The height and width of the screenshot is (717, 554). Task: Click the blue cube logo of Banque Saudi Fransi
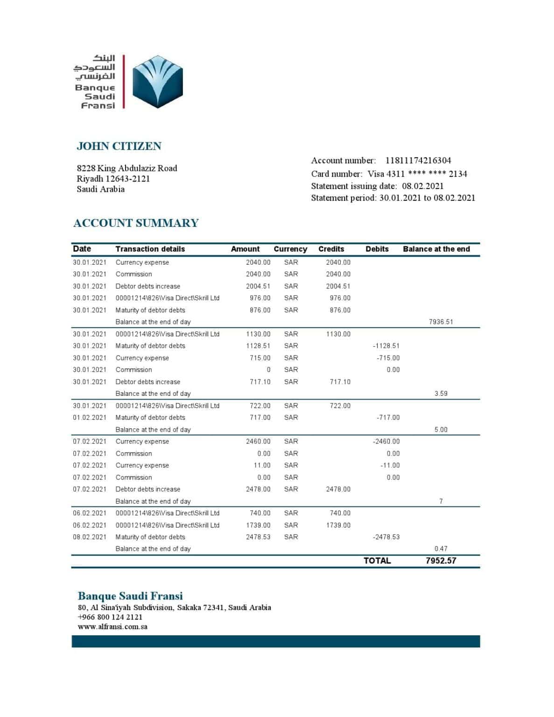coord(157,82)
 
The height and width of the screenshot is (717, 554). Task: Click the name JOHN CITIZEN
coord(119,146)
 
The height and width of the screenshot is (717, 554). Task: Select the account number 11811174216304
coord(418,161)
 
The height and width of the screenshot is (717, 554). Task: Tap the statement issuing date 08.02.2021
coord(423,186)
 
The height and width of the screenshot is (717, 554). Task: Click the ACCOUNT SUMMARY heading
coord(136,223)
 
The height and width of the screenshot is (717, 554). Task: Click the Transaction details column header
coord(150,249)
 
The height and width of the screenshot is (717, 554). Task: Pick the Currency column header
coord(290,249)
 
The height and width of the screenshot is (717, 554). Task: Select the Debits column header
coord(377,249)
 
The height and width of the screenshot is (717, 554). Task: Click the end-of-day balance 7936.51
coord(441,322)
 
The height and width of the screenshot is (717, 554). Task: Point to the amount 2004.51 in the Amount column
coord(258,286)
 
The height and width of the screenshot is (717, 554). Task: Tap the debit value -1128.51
coord(386,346)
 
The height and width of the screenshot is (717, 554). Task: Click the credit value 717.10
coord(340,382)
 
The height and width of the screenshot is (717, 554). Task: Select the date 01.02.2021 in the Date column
coord(90,417)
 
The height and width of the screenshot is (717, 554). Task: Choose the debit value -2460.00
coord(386,441)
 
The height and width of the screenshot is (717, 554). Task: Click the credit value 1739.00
coord(338,525)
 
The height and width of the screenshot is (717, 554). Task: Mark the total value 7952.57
coord(441,561)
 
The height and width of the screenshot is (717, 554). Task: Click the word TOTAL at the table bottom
coord(377,561)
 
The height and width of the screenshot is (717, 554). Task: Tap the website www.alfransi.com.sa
coord(112,627)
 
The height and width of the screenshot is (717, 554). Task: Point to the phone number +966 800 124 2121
coord(110,617)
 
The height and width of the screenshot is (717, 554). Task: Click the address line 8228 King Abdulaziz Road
coord(127,168)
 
